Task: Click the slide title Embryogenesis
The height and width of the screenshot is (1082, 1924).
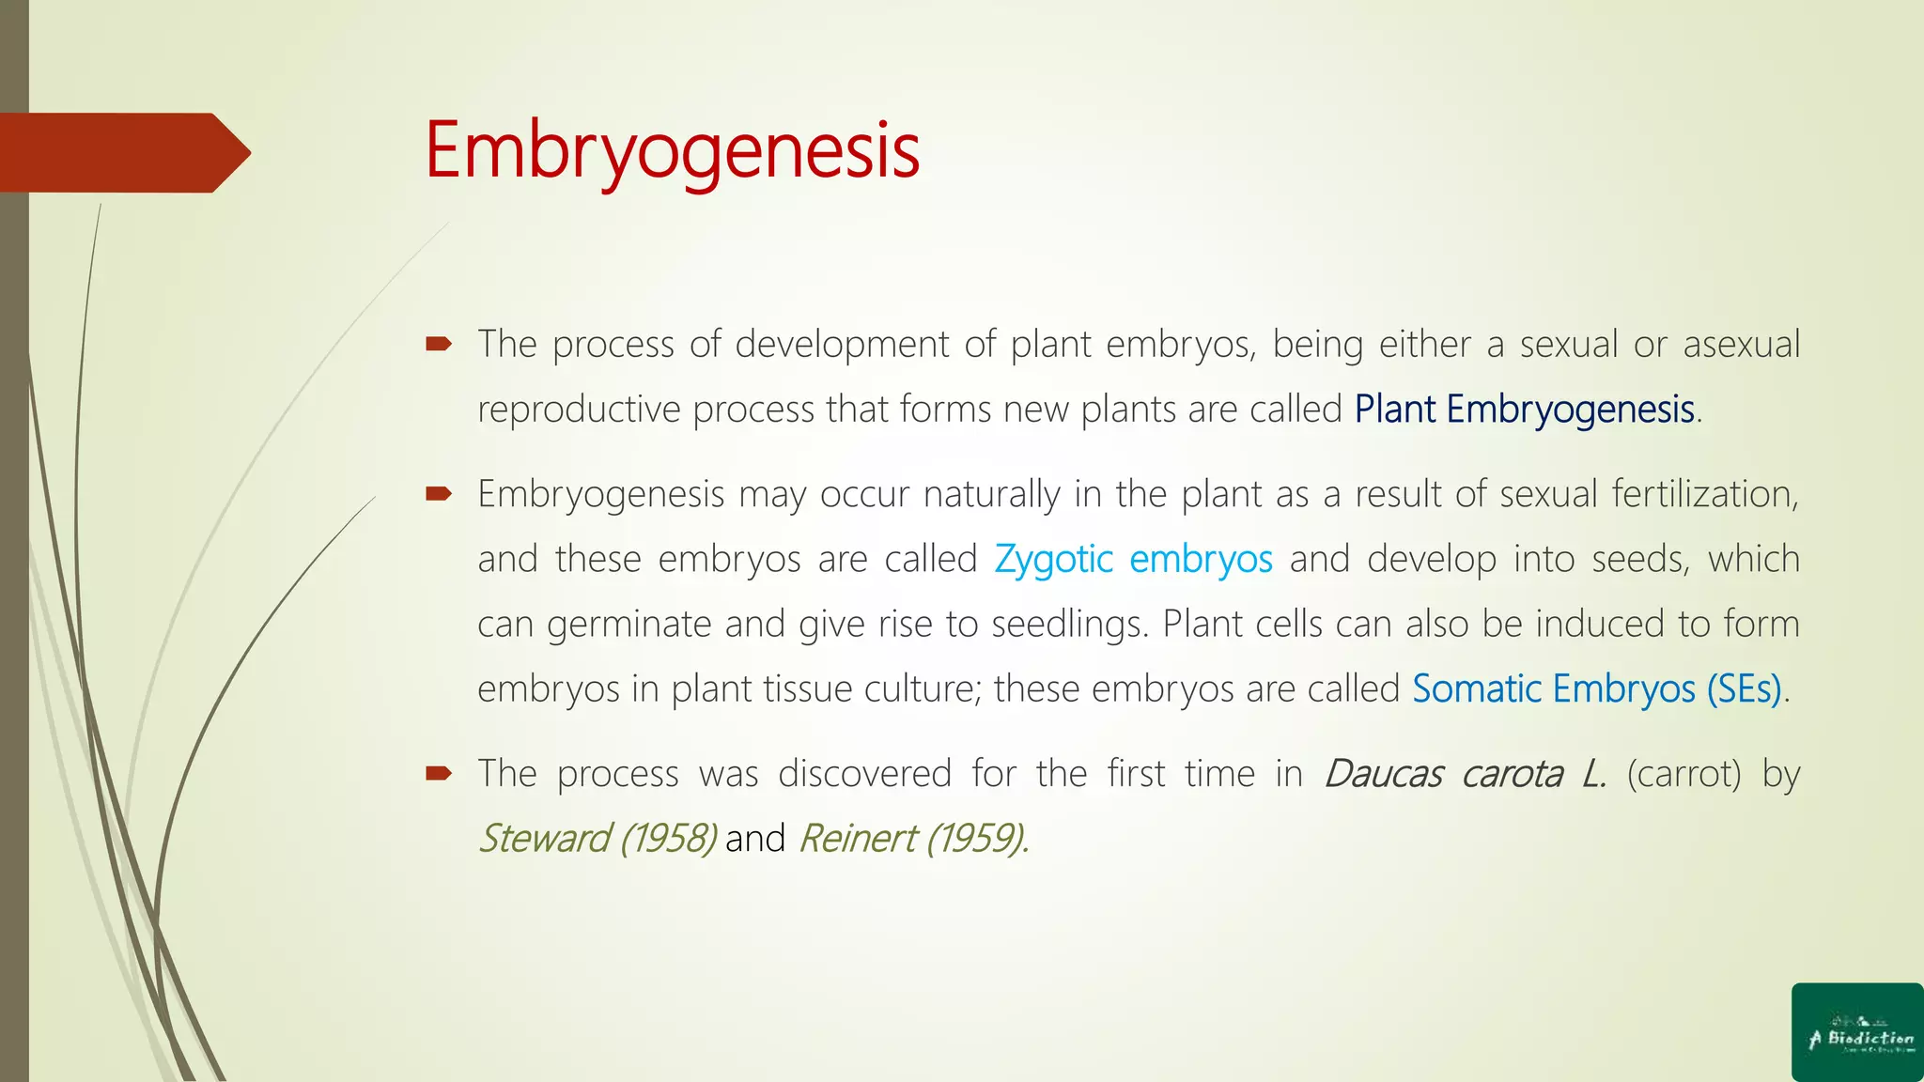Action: [x=672, y=150]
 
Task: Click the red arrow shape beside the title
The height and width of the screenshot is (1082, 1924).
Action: [x=122, y=152]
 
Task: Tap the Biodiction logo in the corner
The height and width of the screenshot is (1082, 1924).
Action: [x=1857, y=1032]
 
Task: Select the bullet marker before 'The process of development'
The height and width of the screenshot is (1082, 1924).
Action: [x=439, y=345]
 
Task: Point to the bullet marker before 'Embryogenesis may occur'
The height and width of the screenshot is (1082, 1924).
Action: [x=439, y=494]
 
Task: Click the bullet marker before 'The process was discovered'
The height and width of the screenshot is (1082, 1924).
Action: [x=439, y=774]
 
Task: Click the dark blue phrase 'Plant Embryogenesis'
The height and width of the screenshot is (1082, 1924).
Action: [x=1524, y=410]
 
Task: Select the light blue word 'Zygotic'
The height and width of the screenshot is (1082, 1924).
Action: [x=1053, y=560]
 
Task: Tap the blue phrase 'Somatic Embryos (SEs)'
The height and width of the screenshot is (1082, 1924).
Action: [x=1597, y=689]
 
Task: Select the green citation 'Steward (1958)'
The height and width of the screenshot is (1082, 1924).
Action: [x=597, y=839]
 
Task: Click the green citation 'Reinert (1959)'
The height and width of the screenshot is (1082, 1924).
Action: [x=911, y=839]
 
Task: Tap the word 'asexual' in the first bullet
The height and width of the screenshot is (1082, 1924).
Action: [x=1741, y=345]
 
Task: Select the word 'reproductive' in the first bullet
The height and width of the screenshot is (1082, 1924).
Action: [x=579, y=410]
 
